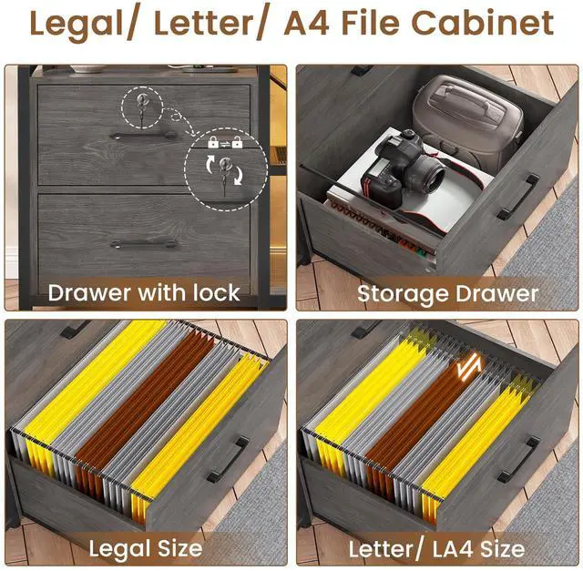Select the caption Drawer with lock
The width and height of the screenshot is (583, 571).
[144, 292]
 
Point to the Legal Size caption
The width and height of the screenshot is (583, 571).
[144, 548]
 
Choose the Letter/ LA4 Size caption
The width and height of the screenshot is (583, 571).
[436, 548]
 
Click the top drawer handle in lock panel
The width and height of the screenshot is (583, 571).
[143, 136]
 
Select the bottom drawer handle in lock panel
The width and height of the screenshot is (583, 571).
[143, 243]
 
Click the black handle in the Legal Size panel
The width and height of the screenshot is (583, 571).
[228, 459]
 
